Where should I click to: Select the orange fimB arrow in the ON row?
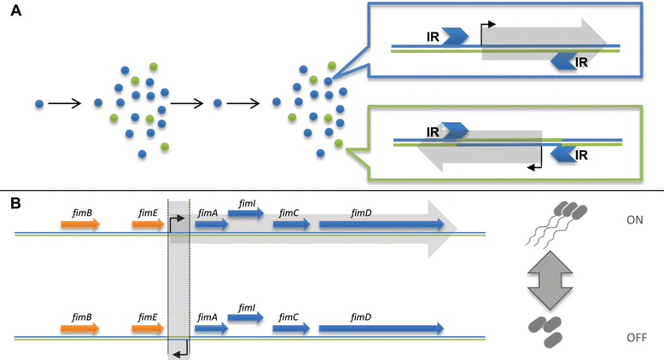80,224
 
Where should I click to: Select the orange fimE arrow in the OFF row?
148,328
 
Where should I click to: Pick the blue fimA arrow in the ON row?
211,224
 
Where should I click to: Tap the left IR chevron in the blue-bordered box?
455,36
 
